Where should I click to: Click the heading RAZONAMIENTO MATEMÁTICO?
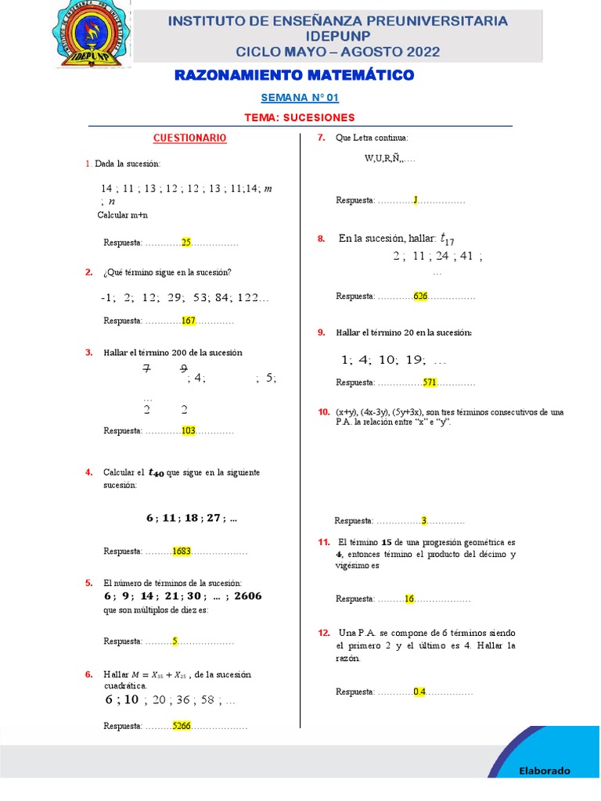pyautogui.click(x=293, y=75)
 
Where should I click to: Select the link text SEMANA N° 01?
pyautogui.click(x=300, y=98)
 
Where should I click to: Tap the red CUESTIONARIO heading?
pyautogui.click(x=189, y=138)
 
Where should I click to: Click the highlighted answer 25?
pyautogui.click(x=186, y=242)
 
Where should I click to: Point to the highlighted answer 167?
pyautogui.click(x=188, y=321)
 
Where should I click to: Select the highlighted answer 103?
pyautogui.click(x=188, y=431)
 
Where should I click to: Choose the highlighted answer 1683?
pyautogui.click(x=182, y=551)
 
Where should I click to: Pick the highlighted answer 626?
pyautogui.click(x=420, y=296)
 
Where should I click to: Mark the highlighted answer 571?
pyautogui.click(x=430, y=383)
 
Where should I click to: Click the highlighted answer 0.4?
pyautogui.click(x=419, y=691)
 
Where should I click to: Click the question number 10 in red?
pyautogui.click(x=323, y=411)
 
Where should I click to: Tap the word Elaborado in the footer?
pyautogui.click(x=545, y=770)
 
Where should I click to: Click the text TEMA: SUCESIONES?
pyautogui.click(x=300, y=117)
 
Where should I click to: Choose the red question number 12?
pyautogui.click(x=323, y=632)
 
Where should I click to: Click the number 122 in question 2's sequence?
pyautogui.click(x=250, y=298)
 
